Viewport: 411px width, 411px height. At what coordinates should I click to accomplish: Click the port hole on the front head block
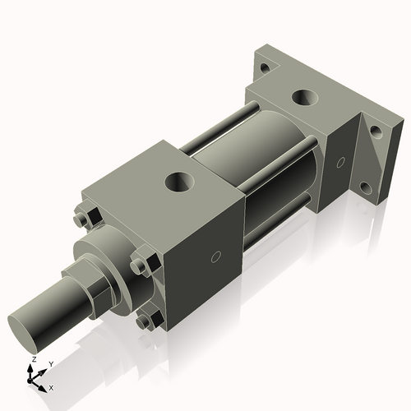pyautogui.click(x=179, y=180)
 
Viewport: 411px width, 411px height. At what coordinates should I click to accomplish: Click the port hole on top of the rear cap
pyautogui.click(x=305, y=98)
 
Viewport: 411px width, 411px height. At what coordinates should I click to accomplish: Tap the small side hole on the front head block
pyautogui.click(x=215, y=257)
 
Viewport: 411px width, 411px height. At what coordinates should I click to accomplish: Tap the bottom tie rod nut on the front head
pyautogui.click(x=146, y=321)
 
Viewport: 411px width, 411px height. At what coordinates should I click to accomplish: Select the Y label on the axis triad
pyautogui.click(x=50, y=363)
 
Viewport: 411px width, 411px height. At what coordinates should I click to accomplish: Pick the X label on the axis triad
pyautogui.click(x=51, y=386)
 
